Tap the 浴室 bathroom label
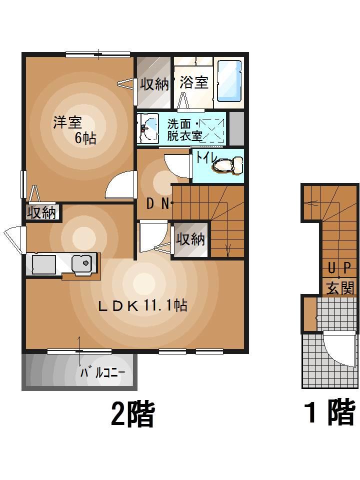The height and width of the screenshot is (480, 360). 193,82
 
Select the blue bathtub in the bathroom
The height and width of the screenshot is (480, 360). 229,81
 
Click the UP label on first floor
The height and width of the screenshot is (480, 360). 339,268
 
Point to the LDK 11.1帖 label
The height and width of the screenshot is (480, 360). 142,305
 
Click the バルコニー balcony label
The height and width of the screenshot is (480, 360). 102,372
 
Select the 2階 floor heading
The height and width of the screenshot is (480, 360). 132,414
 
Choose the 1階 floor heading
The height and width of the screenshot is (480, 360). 330,413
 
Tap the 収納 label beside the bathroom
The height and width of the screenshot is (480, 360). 154,83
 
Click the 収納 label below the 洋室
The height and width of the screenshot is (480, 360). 41,213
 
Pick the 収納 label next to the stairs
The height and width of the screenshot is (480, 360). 190,239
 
